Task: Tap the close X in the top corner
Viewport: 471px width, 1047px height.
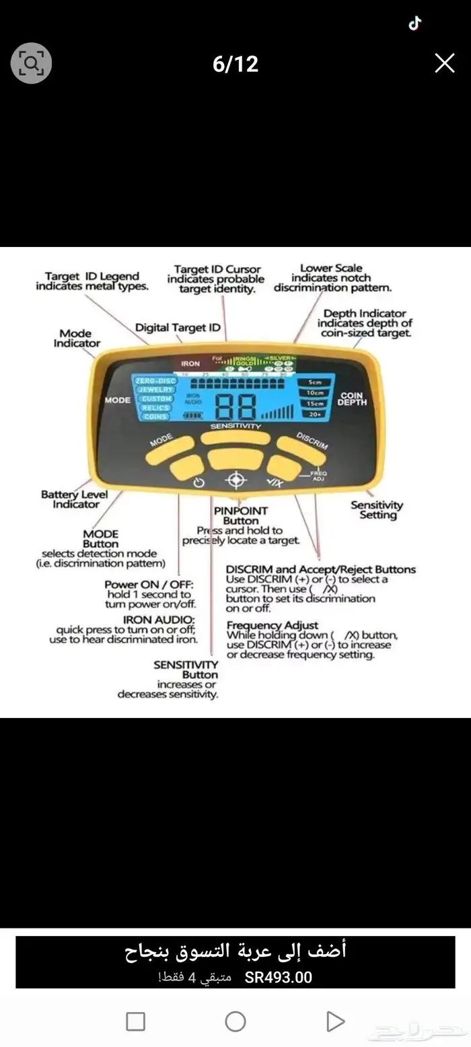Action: coord(445,63)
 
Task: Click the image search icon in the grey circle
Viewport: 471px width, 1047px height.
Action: coord(31,63)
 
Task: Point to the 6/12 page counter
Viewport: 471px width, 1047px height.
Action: coord(235,64)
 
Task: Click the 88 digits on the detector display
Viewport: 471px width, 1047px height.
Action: coord(235,407)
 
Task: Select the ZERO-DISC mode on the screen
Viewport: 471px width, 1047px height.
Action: coord(155,381)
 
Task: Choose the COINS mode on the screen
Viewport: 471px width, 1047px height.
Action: coord(155,417)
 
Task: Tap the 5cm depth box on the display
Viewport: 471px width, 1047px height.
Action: coord(315,382)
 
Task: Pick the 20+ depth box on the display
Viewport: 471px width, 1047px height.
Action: coord(315,415)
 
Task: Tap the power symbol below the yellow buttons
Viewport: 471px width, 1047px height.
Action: coord(198,482)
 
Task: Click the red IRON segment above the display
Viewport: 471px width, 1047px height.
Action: coord(190,363)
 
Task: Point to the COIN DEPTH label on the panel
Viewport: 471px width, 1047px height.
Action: coord(353,398)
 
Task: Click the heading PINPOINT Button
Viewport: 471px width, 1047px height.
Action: coord(241,516)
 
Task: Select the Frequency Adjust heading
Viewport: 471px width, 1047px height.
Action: coord(273,625)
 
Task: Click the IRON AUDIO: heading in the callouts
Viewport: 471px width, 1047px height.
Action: coord(159,619)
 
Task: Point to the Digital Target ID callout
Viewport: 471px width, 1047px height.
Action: coord(178,328)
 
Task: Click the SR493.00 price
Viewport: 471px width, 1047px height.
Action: coord(279,978)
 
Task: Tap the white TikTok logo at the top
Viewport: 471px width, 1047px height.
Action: coord(415,24)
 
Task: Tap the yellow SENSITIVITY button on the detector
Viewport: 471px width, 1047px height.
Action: coord(235,438)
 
